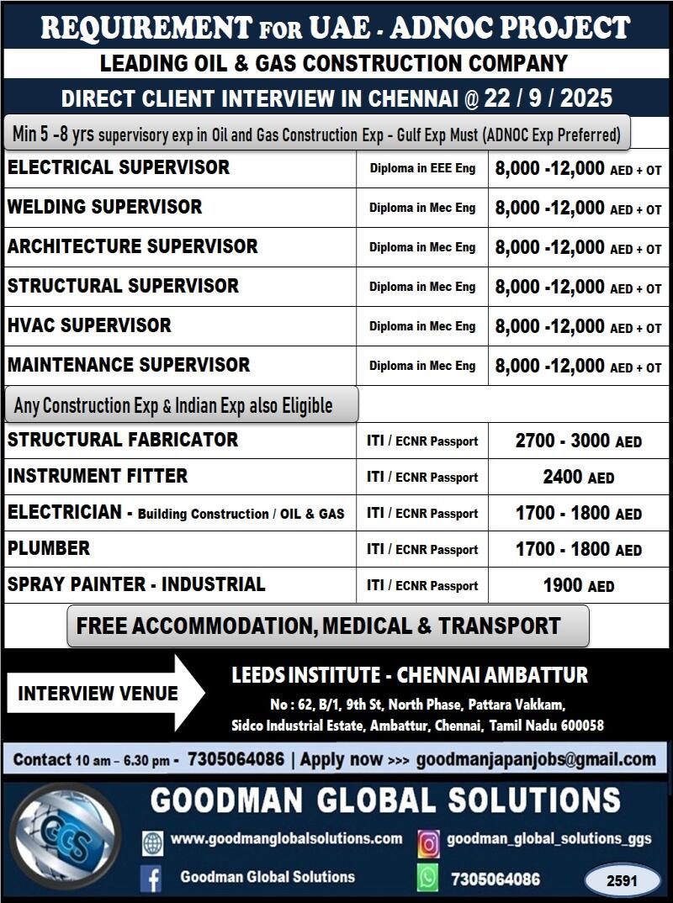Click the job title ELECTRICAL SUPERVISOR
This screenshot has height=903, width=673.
(x=119, y=167)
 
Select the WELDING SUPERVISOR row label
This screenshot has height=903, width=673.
(x=105, y=207)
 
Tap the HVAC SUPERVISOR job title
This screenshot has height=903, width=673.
(x=89, y=325)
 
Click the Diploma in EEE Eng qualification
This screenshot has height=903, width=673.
(x=422, y=168)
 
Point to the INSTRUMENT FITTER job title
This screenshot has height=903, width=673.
(x=98, y=476)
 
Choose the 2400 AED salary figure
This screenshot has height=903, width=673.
(x=578, y=478)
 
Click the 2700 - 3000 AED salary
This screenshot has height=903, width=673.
(x=578, y=441)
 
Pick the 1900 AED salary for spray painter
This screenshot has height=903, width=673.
(x=578, y=586)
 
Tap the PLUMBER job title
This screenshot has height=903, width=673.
(x=49, y=548)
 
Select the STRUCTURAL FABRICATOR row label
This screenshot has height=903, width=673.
(x=123, y=440)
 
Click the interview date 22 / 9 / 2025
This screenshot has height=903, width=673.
(x=548, y=98)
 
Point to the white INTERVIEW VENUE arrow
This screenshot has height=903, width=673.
(x=105, y=694)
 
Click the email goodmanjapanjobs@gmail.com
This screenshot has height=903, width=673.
(x=536, y=759)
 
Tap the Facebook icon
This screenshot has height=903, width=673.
(x=151, y=879)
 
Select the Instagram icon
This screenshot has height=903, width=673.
(x=428, y=842)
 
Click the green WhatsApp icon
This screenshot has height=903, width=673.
(x=428, y=879)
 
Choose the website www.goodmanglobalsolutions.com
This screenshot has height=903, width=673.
(x=286, y=838)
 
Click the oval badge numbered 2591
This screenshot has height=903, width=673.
(x=623, y=880)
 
